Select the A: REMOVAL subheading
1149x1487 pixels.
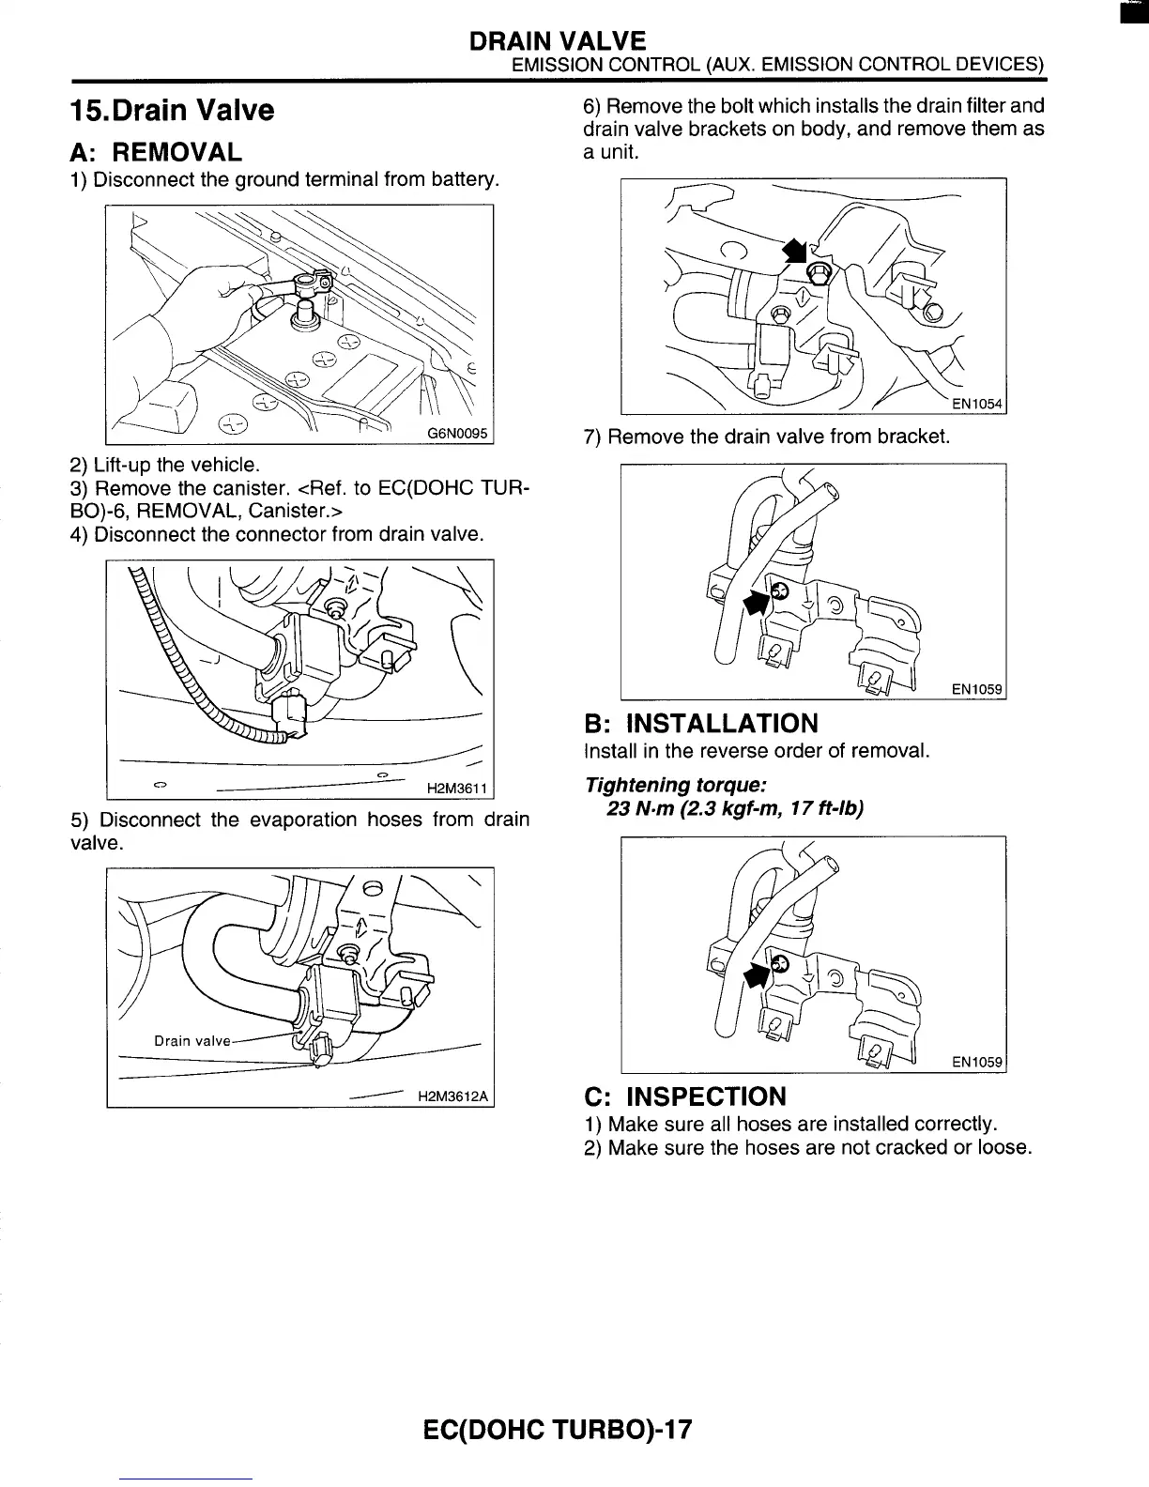156,151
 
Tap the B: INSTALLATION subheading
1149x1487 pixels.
700,724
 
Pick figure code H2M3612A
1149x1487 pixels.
454,1096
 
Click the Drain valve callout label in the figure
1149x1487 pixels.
191,1040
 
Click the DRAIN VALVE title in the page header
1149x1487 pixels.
558,40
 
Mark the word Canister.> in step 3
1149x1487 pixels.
295,512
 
